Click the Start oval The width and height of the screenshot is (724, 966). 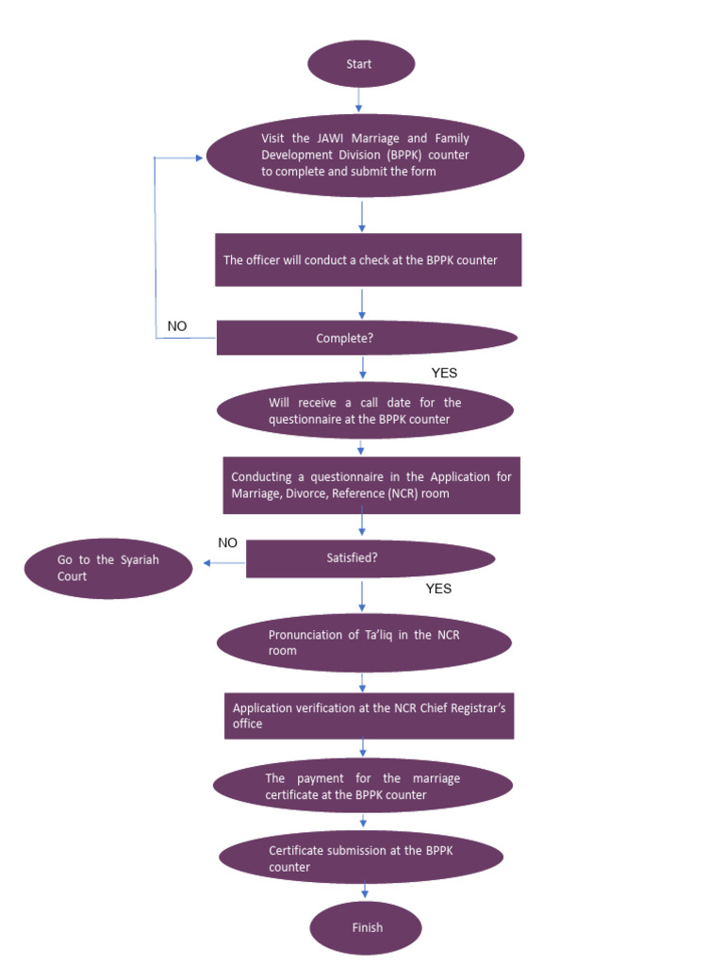[x=361, y=64]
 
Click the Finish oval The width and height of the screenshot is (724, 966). [x=366, y=927]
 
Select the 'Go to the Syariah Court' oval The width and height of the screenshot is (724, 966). [x=108, y=568]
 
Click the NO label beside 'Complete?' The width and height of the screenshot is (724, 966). [x=177, y=326]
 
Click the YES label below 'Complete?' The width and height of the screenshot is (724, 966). [x=443, y=373]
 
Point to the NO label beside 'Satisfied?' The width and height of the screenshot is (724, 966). [x=227, y=542]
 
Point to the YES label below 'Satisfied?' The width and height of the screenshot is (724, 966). [x=438, y=589]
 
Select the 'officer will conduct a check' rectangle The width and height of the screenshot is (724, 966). [x=369, y=259]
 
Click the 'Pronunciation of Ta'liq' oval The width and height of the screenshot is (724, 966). [x=364, y=642]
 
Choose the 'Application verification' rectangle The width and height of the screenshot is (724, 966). [x=369, y=716]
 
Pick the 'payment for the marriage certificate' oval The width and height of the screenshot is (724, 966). [x=363, y=786]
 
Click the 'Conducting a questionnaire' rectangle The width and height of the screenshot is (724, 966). [x=370, y=485]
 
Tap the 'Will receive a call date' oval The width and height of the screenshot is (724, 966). [x=365, y=410]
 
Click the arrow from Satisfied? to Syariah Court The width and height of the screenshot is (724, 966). [x=220, y=563]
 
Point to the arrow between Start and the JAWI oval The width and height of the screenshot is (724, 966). [x=359, y=100]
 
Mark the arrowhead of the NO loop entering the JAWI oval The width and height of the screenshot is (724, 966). [x=198, y=158]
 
